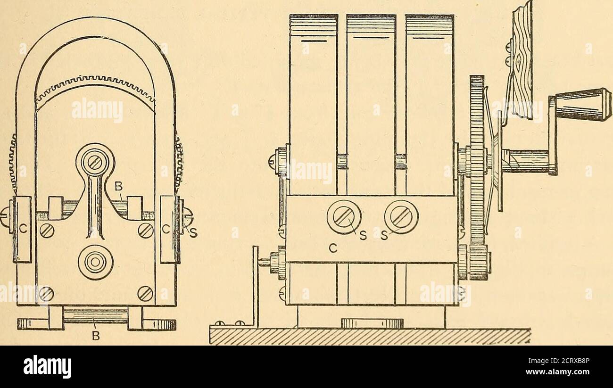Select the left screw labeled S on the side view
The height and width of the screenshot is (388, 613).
tap(344, 217)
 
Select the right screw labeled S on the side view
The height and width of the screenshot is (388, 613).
tap(401, 217)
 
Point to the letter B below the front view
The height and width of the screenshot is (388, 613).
tap(95, 336)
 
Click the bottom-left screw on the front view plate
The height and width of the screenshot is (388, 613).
tap(47, 294)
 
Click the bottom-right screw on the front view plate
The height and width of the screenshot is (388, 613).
tap(145, 294)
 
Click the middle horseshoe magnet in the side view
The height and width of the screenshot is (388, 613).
tap(372, 105)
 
